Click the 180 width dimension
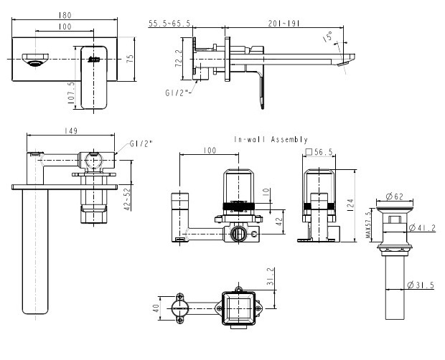[65, 15]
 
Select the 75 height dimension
[130, 59]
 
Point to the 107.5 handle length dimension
[71, 93]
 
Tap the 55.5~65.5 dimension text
[169, 23]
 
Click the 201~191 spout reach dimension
[284, 23]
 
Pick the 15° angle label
[327, 37]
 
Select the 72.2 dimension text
[179, 59]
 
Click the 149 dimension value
[71, 131]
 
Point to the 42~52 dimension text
[128, 199]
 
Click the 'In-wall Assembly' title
[271, 139]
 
